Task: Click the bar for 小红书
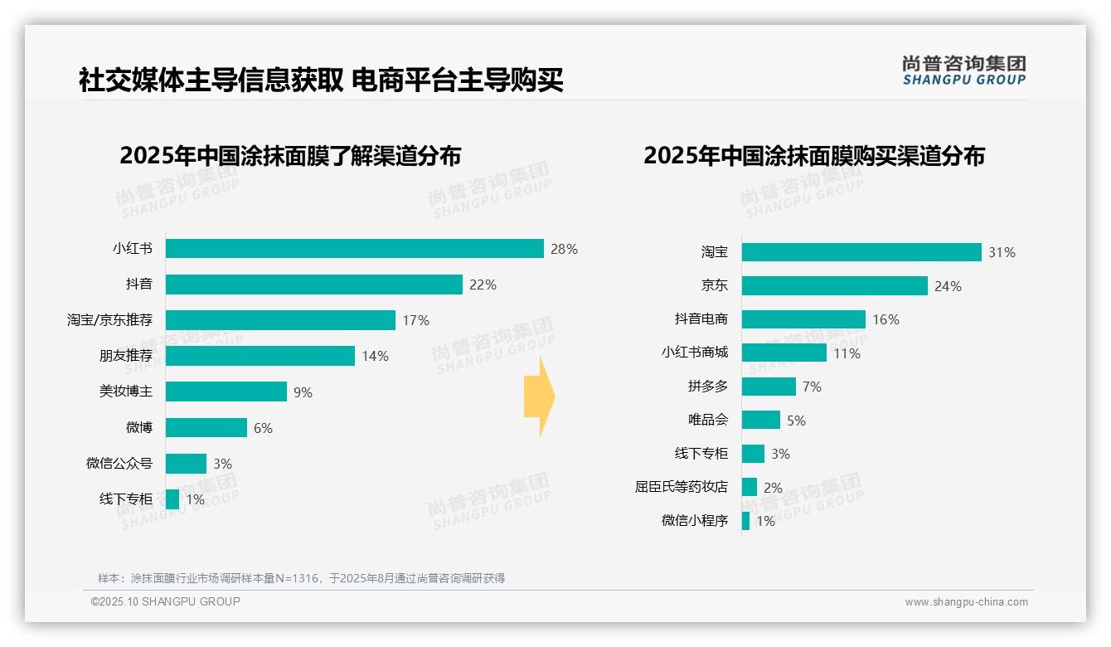click(x=354, y=249)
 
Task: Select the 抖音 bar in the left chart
click(x=313, y=285)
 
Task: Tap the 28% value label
click(x=564, y=249)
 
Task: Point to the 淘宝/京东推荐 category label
click(x=109, y=320)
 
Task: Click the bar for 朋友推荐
click(x=260, y=356)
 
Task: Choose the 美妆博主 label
click(x=126, y=392)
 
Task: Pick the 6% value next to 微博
click(x=263, y=428)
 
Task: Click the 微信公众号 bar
click(x=186, y=464)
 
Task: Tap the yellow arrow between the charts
click(x=539, y=397)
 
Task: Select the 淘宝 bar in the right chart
click(x=861, y=252)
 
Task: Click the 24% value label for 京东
click(x=948, y=286)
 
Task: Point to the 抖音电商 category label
click(x=701, y=319)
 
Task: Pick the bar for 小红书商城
click(x=784, y=353)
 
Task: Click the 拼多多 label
click(x=707, y=387)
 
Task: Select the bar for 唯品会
click(x=760, y=420)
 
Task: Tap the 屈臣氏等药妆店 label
click(x=681, y=488)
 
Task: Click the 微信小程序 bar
click(x=745, y=521)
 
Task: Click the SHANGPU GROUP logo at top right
click(x=963, y=71)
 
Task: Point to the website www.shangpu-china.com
click(x=966, y=602)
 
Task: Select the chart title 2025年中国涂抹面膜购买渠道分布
click(x=813, y=156)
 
